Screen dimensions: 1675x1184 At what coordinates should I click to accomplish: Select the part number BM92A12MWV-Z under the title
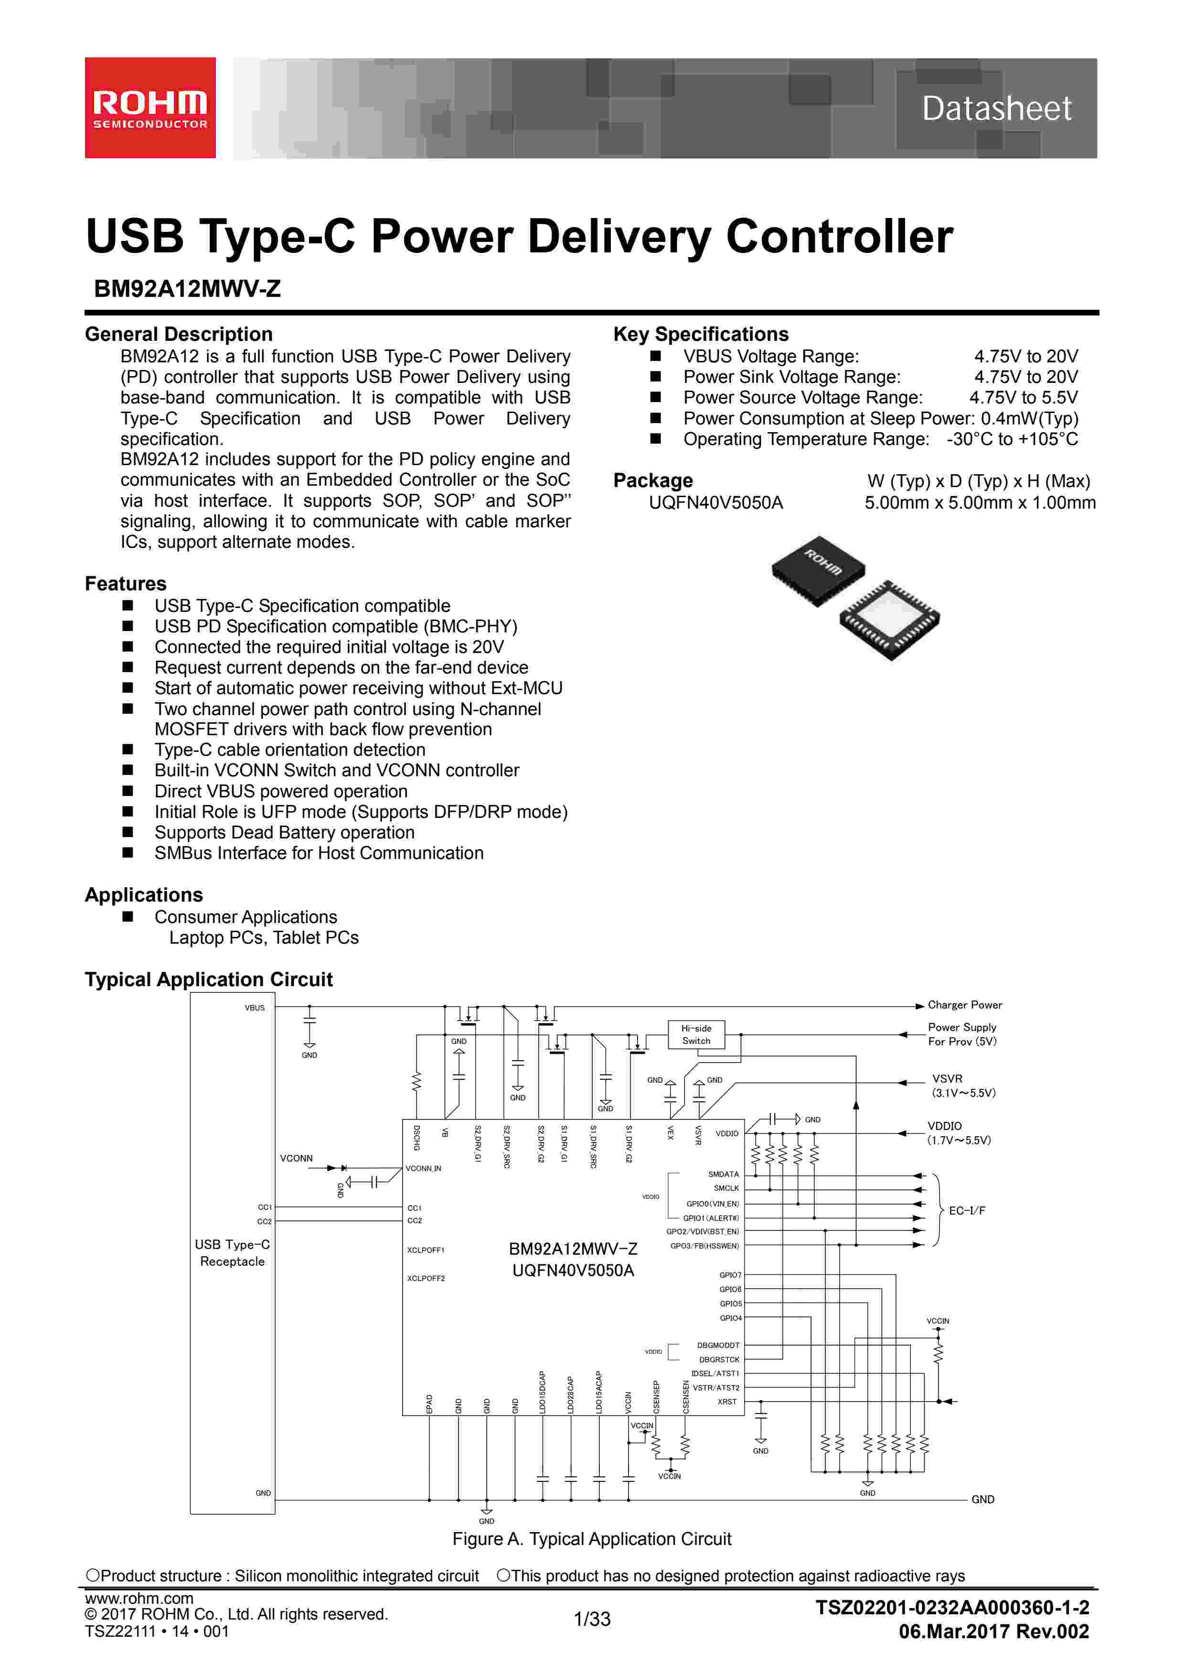[187, 289]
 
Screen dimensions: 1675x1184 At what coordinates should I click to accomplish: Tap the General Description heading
[179, 334]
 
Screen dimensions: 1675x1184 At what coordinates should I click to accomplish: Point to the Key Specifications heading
[701, 334]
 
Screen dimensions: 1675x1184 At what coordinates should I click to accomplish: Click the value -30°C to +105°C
[1012, 439]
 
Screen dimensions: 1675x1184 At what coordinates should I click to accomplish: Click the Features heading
[126, 584]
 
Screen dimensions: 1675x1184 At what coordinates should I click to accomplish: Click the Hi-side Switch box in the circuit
[696, 1034]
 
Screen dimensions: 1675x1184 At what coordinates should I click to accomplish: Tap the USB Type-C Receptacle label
[232, 1252]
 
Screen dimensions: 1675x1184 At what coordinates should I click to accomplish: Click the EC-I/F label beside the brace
[967, 1210]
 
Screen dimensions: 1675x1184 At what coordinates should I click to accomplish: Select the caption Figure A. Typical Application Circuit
[591, 1539]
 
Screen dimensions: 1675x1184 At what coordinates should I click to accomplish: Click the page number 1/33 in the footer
[592, 1619]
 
